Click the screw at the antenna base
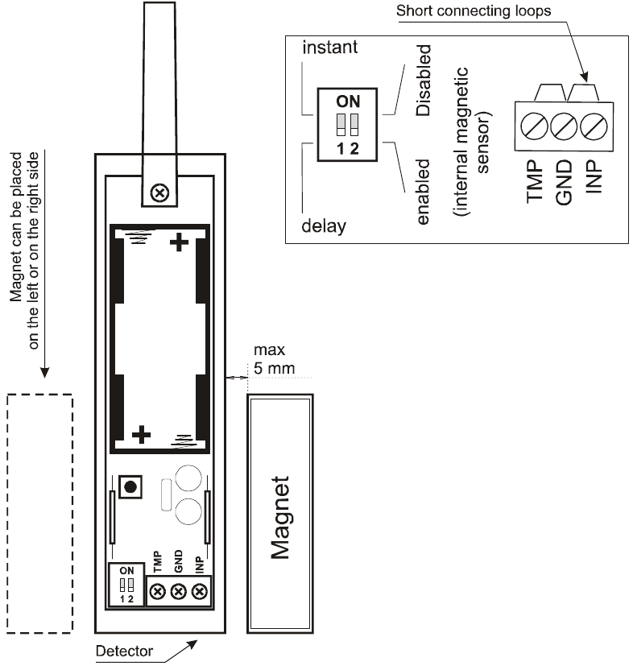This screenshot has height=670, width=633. point(160,192)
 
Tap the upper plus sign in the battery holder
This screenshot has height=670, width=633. point(177,242)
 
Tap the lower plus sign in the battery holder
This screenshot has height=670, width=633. point(142,435)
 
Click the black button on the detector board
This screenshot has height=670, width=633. point(130,486)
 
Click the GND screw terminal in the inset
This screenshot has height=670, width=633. point(563,126)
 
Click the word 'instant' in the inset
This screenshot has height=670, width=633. point(329,48)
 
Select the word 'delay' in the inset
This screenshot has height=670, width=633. point(323,225)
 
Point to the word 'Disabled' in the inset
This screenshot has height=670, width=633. point(424,81)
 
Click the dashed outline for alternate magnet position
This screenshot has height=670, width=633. point(39,515)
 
